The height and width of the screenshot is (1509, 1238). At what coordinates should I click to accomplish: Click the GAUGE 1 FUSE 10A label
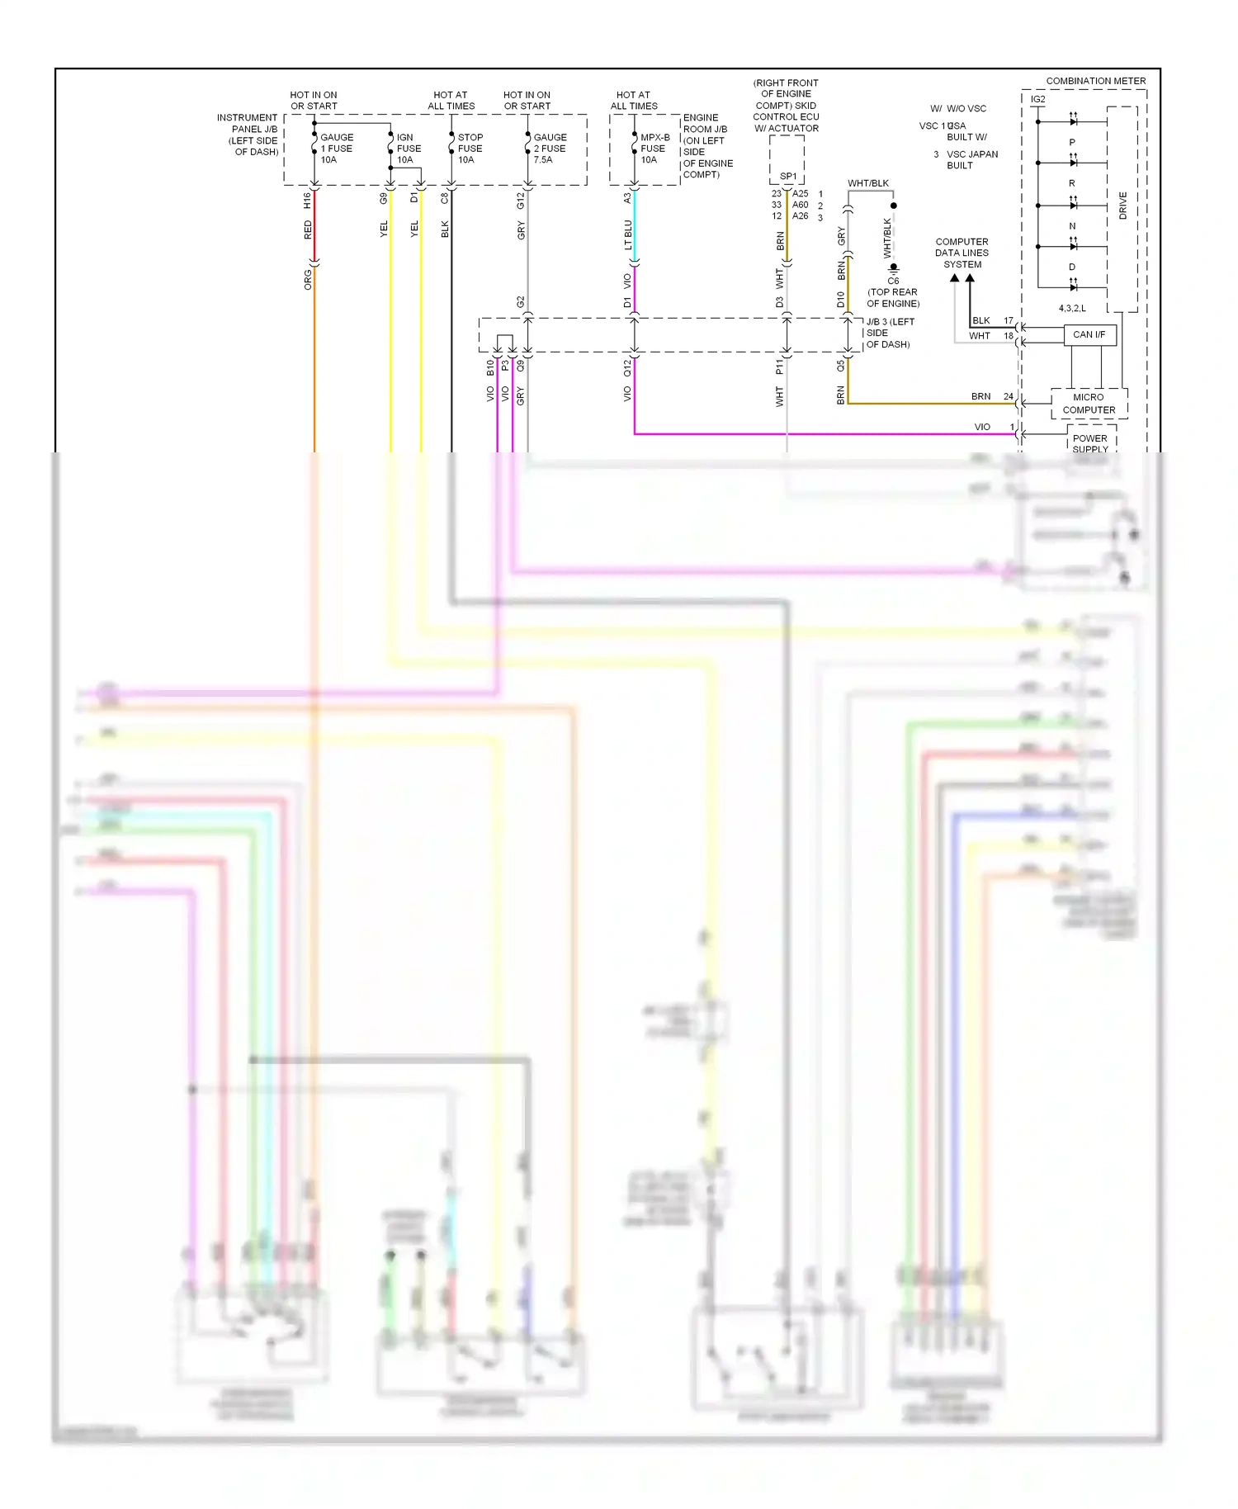point(336,149)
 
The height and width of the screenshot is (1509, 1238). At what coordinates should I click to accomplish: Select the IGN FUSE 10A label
point(409,149)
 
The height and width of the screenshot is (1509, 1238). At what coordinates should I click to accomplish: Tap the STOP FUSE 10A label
point(470,149)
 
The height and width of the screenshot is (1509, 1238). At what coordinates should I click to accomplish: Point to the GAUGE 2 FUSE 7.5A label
point(550,149)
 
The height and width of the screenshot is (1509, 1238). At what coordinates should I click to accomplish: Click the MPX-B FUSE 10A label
point(654,149)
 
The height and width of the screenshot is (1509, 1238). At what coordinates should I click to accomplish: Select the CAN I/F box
point(1089,334)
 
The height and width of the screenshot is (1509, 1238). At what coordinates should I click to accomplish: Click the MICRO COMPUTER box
point(1088,404)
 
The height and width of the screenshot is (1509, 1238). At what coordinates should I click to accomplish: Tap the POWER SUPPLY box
point(1089,442)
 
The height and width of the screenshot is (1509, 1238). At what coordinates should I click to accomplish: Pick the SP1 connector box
point(787,176)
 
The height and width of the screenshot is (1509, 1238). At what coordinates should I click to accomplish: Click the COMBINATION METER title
point(1095,81)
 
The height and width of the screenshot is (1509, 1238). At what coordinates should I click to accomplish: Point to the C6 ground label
point(893,281)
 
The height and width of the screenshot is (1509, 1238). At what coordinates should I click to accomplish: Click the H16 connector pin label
point(307,200)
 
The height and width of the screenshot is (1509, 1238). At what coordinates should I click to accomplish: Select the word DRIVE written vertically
point(1122,206)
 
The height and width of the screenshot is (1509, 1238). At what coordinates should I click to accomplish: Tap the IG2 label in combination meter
point(1037,99)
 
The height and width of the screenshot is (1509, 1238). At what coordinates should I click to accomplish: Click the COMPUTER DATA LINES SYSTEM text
point(962,253)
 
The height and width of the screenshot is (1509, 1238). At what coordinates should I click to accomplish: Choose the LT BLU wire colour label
point(628,234)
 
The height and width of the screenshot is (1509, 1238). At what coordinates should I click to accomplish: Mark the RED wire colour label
point(308,229)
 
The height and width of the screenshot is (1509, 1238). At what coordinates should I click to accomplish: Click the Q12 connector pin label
point(627,367)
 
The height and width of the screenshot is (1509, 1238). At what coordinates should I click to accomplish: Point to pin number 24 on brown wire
point(1008,396)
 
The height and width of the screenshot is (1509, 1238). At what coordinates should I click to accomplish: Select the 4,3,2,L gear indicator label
point(1071,308)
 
